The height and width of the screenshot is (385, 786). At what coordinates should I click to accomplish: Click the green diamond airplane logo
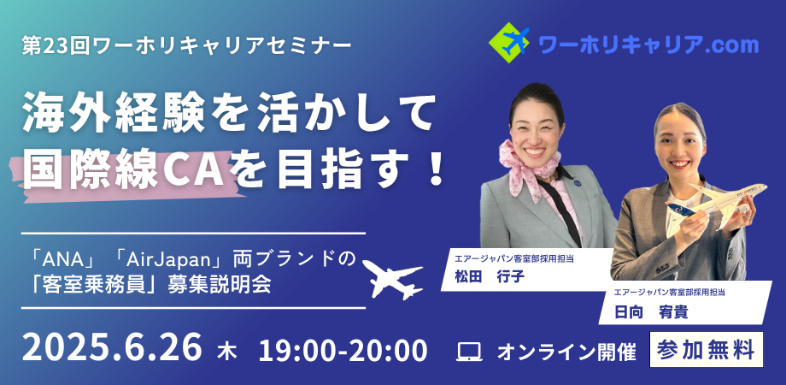point(509,43)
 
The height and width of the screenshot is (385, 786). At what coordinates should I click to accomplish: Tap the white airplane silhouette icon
point(392,279)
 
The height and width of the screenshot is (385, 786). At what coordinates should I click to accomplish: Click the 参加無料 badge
point(707,349)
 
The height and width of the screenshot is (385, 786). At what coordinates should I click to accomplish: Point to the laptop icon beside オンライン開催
point(469,352)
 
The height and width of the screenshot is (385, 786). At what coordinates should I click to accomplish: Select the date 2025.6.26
point(112,346)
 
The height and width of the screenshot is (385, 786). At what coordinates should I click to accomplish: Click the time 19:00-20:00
point(343,350)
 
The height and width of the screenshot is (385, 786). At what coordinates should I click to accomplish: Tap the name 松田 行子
point(489,277)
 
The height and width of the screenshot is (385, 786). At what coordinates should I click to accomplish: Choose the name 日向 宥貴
point(651,311)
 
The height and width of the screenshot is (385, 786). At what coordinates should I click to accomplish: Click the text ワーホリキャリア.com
point(648,45)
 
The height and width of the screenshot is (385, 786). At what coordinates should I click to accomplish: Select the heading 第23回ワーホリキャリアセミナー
point(186,47)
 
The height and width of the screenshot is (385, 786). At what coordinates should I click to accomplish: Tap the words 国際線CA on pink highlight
point(123,173)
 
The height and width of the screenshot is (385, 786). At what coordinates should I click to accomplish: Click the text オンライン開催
point(566,352)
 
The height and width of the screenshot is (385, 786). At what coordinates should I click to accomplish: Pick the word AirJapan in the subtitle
point(167,259)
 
